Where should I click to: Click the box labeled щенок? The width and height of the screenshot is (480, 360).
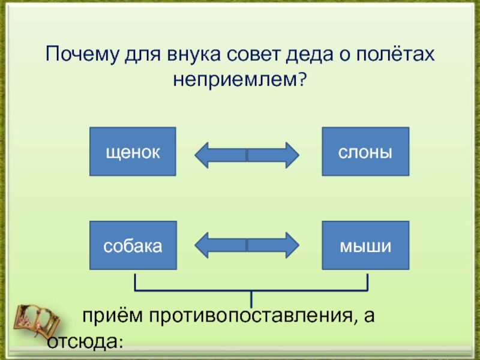[x=133, y=152]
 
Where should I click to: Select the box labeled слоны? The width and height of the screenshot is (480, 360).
[x=365, y=152]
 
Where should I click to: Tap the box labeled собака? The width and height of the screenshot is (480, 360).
[x=133, y=245]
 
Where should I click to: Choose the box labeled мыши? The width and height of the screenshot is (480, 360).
[x=365, y=245]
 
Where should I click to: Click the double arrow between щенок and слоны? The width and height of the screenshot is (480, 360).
[x=247, y=155]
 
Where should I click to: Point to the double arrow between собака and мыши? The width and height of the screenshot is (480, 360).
[x=247, y=245]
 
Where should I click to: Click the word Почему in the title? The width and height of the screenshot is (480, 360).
[x=82, y=55]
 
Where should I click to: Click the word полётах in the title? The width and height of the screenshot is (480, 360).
[x=395, y=54]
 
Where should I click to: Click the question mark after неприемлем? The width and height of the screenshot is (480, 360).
[x=302, y=79]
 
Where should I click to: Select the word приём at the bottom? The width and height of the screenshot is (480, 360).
[x=112, y=316]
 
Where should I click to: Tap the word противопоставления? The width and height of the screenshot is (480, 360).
[x=251, y=316]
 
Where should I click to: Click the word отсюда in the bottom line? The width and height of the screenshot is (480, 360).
[x=83, y=341]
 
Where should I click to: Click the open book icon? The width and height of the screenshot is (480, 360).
[x=37, y=320]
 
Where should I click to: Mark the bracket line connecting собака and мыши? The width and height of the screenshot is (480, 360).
[x=251, y=290]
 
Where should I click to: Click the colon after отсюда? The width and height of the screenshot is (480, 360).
[x=121, y=343]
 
